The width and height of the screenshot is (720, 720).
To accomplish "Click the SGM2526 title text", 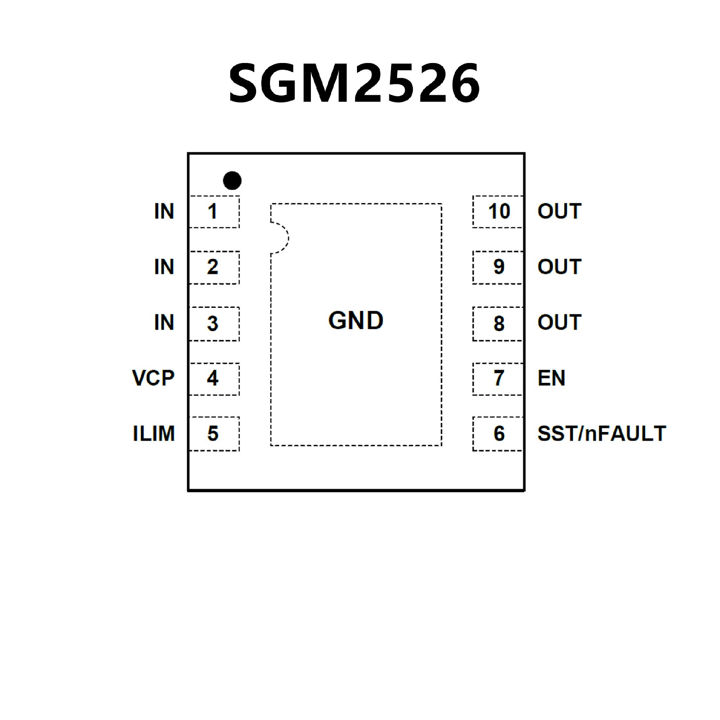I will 354,83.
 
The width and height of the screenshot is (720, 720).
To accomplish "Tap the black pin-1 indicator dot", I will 232,180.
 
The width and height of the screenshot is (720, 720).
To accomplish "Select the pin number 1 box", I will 213,211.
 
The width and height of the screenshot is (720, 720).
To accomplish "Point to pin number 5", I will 213,433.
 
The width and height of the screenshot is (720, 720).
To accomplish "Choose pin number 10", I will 499,211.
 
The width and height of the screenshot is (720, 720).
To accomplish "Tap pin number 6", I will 499,433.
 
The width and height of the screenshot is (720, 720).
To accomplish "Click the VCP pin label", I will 153,378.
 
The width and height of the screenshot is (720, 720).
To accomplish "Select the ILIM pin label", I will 154,433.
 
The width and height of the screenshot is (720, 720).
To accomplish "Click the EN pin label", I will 551,378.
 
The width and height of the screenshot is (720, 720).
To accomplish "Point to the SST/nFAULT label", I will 601,433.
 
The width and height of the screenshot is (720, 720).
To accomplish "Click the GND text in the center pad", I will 355,321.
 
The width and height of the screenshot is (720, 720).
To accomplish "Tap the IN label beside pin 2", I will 164,267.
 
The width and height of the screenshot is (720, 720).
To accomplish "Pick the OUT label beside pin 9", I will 559,267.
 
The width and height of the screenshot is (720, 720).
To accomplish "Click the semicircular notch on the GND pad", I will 280,238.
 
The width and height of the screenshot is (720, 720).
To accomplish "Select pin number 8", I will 499,323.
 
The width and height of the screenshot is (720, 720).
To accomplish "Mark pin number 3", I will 213,323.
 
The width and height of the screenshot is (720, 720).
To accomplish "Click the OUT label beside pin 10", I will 559,211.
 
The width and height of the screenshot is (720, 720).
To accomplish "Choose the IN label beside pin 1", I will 164,211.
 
